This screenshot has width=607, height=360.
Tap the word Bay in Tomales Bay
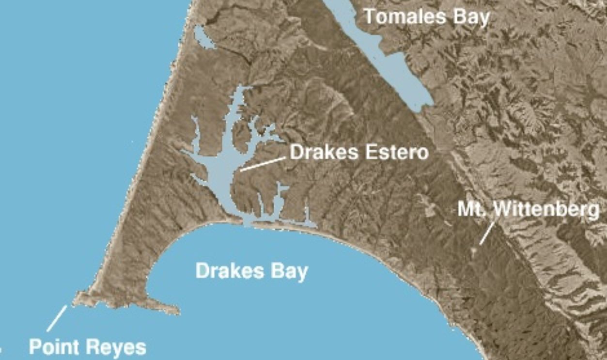coord(469,17)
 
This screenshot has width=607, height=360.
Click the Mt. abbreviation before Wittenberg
coord(473,210)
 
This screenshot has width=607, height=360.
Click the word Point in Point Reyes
coord(54,347)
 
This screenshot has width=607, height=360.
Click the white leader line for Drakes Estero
coord(262,164)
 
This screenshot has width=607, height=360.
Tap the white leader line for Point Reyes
coord(57,318)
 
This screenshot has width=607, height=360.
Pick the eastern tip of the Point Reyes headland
coord(176,310)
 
